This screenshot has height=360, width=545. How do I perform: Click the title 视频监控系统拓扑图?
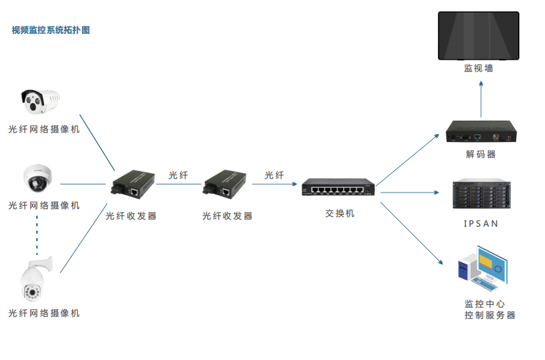click(51, 30)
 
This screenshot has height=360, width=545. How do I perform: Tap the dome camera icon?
click(38, 177)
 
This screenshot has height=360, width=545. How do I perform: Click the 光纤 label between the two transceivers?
click(178, 175)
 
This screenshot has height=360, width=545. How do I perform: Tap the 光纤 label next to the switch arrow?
click(274, 175)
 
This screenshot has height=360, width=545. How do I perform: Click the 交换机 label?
click(339, 214)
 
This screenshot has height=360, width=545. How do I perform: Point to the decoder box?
click(481, 132)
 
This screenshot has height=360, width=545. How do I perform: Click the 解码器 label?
click(481, 155)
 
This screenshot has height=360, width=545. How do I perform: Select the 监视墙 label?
click(479, 68)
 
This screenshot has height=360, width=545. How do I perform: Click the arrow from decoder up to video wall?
click(481, 99)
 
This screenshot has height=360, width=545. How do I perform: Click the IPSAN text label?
click(481, 224)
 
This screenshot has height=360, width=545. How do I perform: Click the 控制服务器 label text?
click(490, 316)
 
